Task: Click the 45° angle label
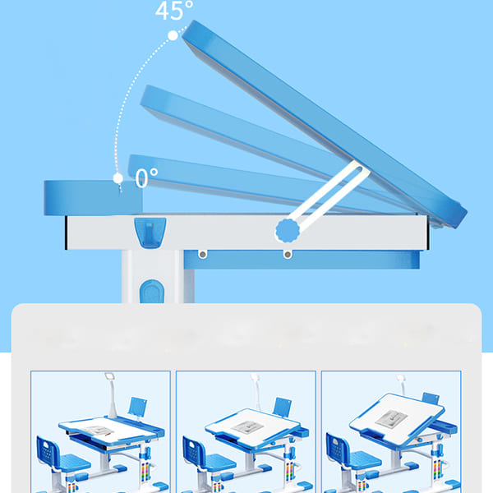(x=174, y=11)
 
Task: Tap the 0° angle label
(x=146, y=177)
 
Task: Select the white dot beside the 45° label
(x=173, y=35)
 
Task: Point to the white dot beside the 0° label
(x=117, y=178)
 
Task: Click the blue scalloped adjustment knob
(x=288, y=231)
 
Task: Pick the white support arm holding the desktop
(x=327, y=196)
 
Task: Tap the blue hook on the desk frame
(x=150, y=233)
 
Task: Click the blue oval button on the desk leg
(x=152, y=292)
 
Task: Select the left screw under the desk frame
(x=203, y=254)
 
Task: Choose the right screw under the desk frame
(x=288, y=254)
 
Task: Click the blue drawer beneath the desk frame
(x=302, y=260)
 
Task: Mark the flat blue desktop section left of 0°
(x=93, y=198)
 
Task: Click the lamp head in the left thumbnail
(x=109, y=376)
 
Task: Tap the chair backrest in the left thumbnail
(x=48, y=451)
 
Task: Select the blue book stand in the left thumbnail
(x=137, y=406)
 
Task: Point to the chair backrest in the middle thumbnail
(x=193, y=451)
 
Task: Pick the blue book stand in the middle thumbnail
(x=282, y=407)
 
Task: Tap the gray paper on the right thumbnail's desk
(x=392, y=419)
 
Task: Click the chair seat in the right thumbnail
(x=365, y=460)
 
